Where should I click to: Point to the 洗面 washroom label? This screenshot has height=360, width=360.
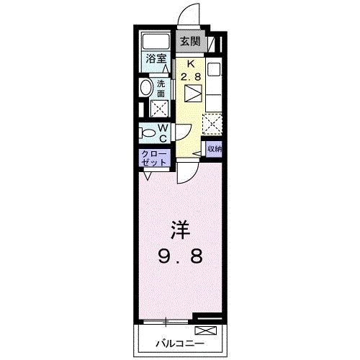coord(161,89)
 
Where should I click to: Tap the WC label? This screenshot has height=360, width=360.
coord(163,133)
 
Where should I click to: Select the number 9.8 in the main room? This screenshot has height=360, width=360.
coord(180,256)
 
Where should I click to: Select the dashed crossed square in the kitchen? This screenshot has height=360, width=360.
coord(213,125)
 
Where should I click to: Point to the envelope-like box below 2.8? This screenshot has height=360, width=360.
coord(192,94)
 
